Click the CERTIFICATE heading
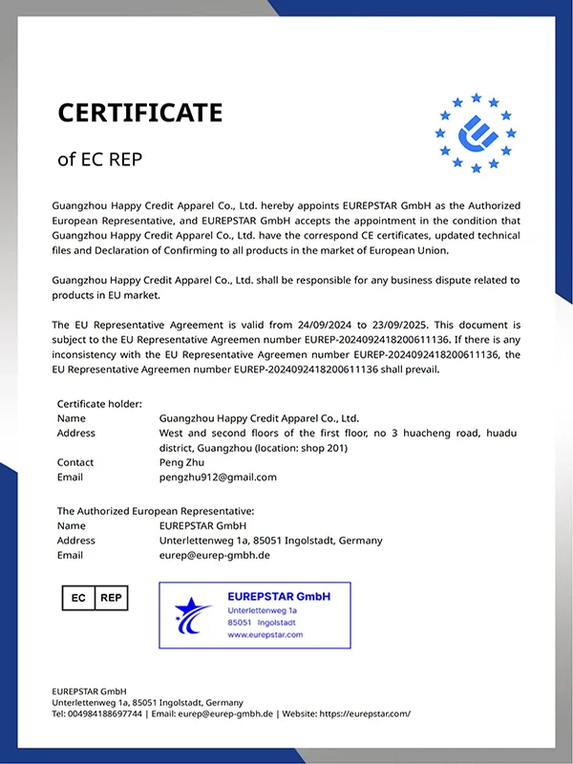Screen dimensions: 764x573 pyautogui.click(x=139, y=113)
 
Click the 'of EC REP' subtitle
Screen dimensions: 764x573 pyautogui.click(x=99, y=159)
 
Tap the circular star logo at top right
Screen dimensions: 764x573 pyautogui.click(x=475, y=133)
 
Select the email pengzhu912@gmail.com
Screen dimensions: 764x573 pyautogui.click(x=218, y=477)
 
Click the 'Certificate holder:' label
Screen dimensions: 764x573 pyautogui.click(x=99, y=404)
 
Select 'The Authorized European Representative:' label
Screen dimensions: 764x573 pyautogui.click(x=156, y=512)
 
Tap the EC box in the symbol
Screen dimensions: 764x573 pyautogui.click(x=78, y=598)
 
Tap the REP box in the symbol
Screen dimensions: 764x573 pyautogui.click(x=111, y=598)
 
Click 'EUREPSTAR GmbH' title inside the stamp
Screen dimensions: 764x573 pyautogui.click(x=279, y=596)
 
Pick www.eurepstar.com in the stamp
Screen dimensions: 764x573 pyautogui.click(x=265, y=634)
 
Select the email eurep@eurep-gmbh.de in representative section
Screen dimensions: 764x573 pyautogui.click(x=215, y=555)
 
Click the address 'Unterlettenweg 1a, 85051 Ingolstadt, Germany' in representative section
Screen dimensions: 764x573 pyautogui.click(x=270, y=541)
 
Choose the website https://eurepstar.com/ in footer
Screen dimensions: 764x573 pyautogui.click(x=365, y=713)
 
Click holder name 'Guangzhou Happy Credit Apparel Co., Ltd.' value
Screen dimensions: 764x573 pyautogui.click(x=259, y=418)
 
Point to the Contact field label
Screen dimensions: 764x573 pyautogui.click(x=75, y=462)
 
